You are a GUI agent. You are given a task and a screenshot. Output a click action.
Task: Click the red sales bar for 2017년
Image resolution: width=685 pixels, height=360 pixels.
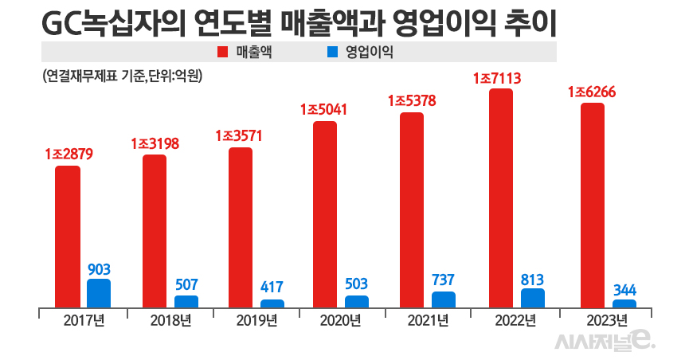(68, 237)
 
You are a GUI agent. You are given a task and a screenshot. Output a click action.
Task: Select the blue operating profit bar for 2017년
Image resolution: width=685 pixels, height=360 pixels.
(99, 293)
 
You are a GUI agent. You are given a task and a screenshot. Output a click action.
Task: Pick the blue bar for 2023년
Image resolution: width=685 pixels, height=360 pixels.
(624, 303)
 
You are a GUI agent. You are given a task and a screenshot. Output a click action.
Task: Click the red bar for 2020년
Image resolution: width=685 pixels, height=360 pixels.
(325, 214)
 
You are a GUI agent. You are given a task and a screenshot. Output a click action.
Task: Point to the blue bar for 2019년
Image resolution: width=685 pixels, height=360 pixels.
(272, 303)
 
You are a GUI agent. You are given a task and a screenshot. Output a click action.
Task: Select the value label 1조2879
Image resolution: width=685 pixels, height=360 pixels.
(69, 154)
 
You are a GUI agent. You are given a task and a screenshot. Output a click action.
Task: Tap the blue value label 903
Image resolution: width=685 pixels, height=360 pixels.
(99, 269)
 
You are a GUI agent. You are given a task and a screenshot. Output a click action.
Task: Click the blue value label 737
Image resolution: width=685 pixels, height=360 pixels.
(444, 281)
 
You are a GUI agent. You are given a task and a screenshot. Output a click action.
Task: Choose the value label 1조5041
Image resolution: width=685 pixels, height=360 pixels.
(325, 110)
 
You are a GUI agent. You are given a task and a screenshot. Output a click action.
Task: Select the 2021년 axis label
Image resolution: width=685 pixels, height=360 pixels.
(429, 320)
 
